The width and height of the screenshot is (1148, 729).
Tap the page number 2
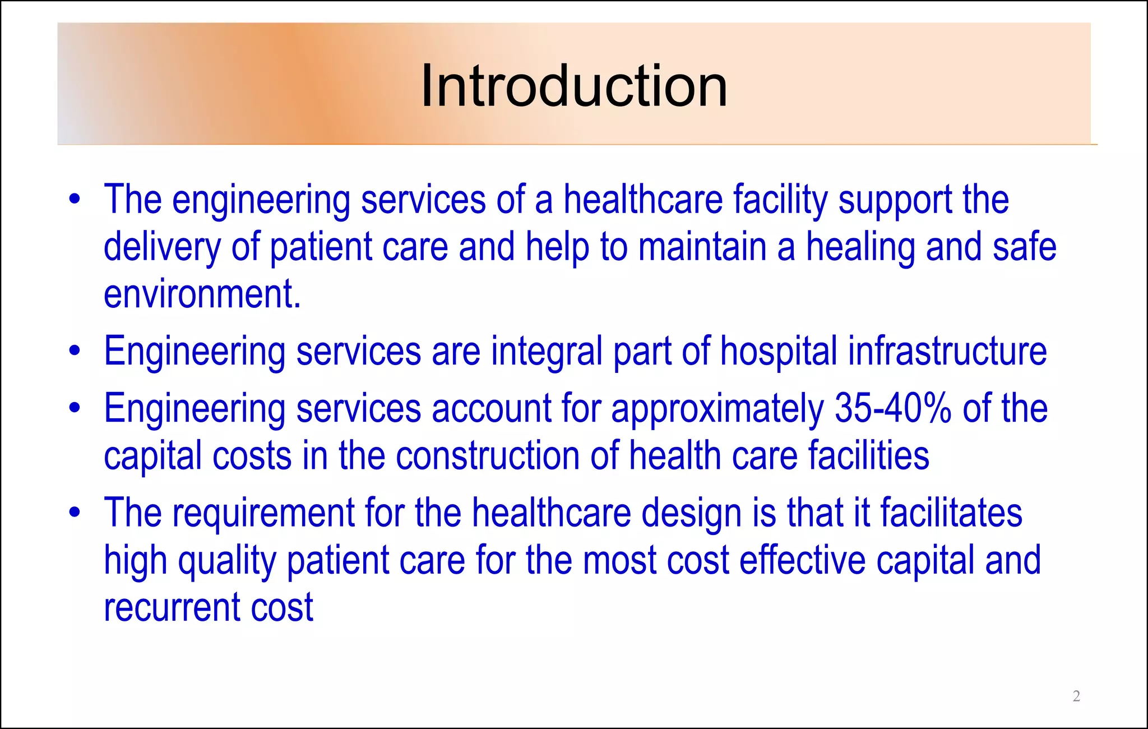[1076, 696]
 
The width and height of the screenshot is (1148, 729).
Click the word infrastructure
[947, 352]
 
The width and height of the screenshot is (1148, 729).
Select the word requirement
[263, 514]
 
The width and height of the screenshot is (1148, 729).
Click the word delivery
[162, 248]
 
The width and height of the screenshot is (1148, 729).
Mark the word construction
[487, 455]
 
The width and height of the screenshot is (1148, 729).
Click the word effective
[802, 560]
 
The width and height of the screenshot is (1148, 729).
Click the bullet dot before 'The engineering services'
[75, 200]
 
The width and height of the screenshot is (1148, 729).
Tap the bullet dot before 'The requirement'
[75, 513]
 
